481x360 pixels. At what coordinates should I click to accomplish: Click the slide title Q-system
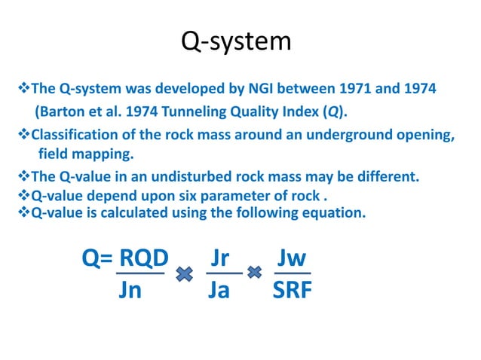tap(236, 41)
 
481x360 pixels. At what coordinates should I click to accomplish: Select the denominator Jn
tap(130, 291)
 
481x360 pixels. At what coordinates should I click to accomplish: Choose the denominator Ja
tap(219, 291)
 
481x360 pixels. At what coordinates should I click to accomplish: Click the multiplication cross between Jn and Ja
tap(183, 275)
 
